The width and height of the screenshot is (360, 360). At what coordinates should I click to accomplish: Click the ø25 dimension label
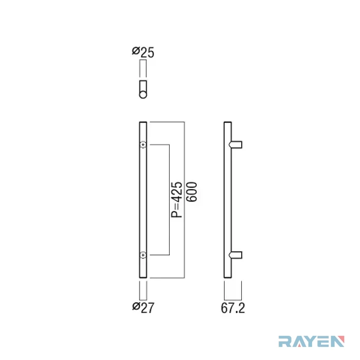pyautogui.click(x=143, y=52)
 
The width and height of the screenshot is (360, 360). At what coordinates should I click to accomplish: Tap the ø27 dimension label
pyautogui.click(x=143, y=307)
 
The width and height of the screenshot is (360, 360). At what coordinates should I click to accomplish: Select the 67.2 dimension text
pyautogui.click(x=233, y=308)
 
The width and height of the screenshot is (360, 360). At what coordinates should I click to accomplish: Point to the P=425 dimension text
pyautogui.click(x=177, y=200)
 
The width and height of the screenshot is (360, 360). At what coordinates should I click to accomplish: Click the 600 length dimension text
pyautogui.click(x=192, y=192)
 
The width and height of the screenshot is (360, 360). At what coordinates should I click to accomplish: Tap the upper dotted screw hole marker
pyautogui.click(x=143, y=145)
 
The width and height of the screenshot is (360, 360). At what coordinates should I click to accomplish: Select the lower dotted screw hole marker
pyautogui.click(x=143, y=255)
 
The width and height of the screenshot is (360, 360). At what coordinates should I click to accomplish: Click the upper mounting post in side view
pyautogui.click(x=235, y=145)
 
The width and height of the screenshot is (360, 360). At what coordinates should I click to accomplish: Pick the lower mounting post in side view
pyautogui.click(x=235, y=255)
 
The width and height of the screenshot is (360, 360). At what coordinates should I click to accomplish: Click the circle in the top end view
pyautogui.click(x=143, y=95)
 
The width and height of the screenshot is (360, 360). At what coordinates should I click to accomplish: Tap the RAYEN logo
pyautogui.click(x=312, y=341)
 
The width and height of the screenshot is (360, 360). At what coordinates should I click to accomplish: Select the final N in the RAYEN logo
pyautogui.click(x=338, y=342)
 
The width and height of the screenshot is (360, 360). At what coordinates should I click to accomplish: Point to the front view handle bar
pyautogui.click(x=143, y=200)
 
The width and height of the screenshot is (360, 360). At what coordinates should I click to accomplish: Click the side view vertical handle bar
pyautogui.click(x=228, y=200)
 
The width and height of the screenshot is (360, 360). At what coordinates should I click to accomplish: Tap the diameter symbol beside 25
pyautogui.click(x=136, y=51)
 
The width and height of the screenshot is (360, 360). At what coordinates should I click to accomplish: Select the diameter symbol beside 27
pyautogui.click(x=136, y=306)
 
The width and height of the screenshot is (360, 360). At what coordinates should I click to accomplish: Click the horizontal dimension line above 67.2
pyautogui.click(x=233, y=300)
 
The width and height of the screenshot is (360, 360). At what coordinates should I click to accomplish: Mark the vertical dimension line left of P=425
pyautogui.click(x=170, y=200)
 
